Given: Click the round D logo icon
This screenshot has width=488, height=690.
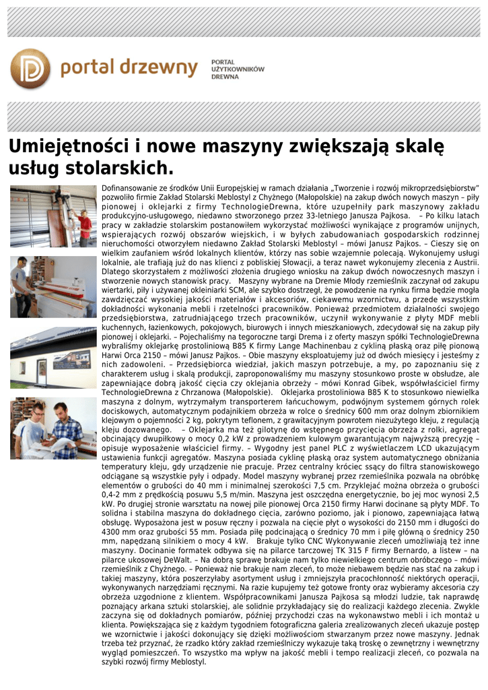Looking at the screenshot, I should click(x=31, y=69).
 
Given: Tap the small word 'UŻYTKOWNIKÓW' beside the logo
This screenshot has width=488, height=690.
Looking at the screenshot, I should click(x=238, y=69).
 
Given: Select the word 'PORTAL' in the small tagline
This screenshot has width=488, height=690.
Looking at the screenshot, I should click(x=223, y=61).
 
